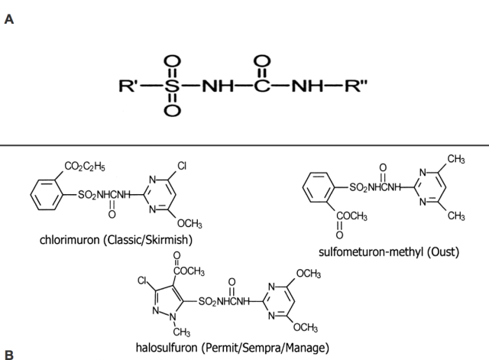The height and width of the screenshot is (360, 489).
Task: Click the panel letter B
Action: tap(9, 354)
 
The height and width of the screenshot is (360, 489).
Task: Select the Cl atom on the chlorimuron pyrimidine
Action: tap(181, 165)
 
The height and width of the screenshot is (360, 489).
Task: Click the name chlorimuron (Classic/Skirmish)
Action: tap(115, 240)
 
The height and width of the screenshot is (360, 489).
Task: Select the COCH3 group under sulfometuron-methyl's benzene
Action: tap(348, 218)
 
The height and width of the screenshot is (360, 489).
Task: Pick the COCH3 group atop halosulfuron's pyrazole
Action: tap(190, 271)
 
